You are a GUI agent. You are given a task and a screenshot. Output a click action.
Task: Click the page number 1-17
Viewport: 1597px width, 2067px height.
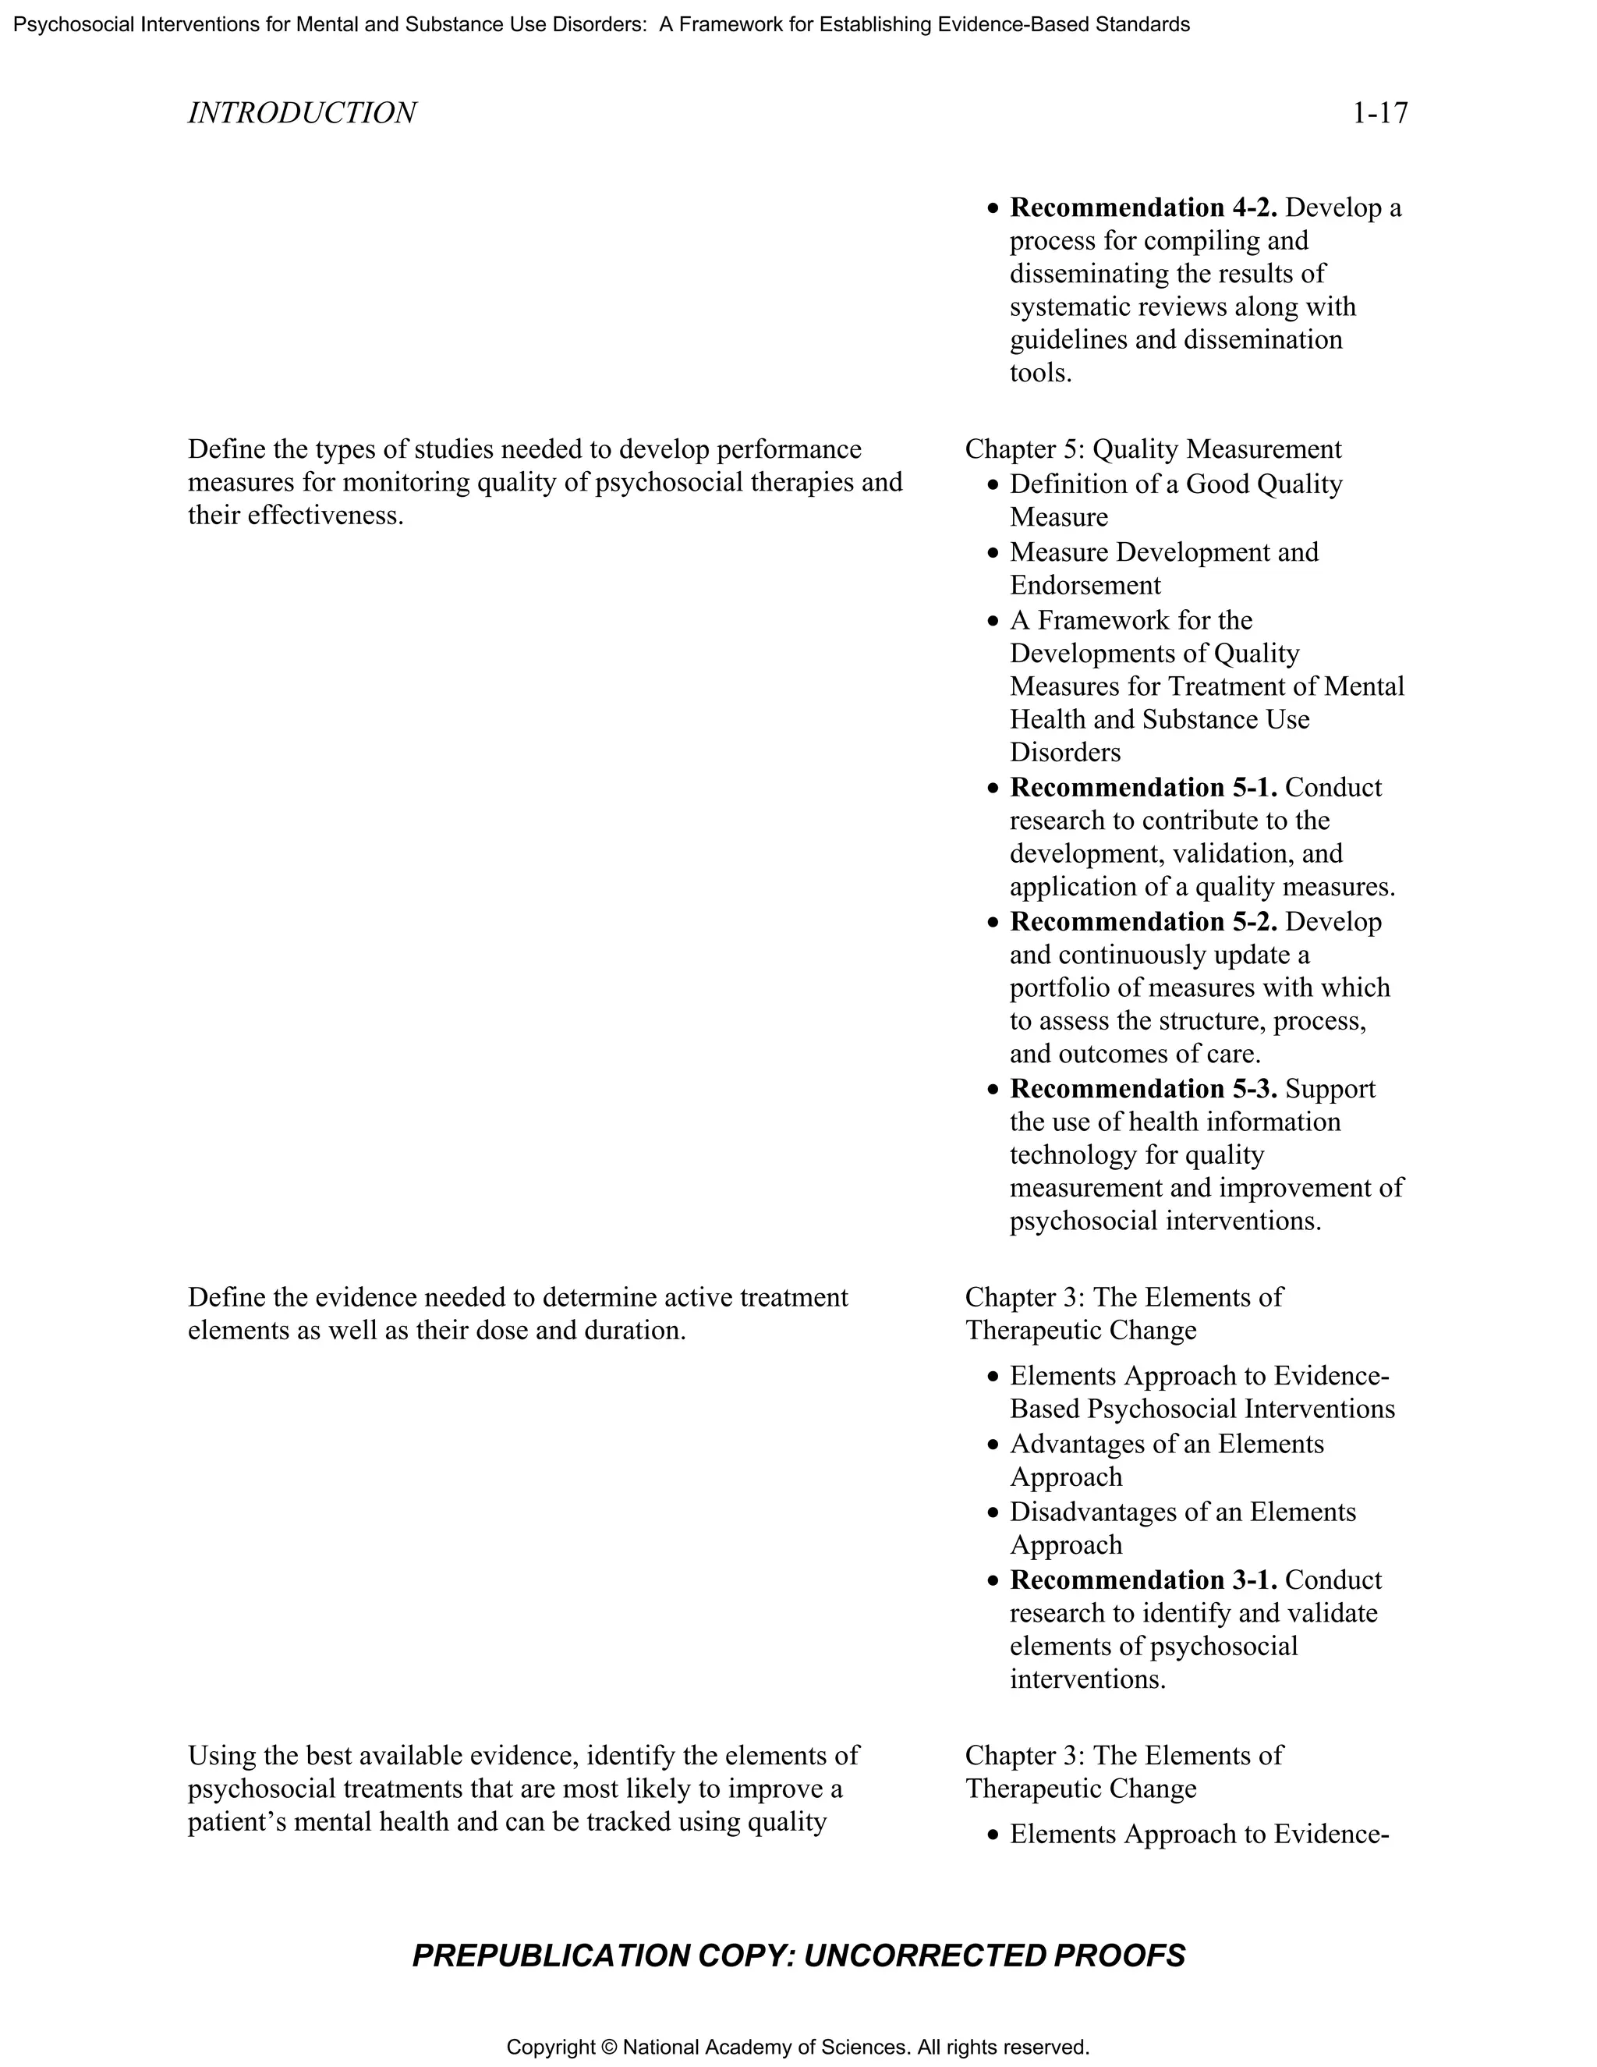point(1379,114)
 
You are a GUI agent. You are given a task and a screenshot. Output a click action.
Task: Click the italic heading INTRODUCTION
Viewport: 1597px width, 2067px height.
point(302,114)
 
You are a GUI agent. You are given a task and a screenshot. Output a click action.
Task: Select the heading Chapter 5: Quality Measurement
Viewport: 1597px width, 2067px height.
point(1153,448)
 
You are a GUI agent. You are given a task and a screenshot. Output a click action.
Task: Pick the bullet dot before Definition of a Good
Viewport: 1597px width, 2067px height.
point(992,485)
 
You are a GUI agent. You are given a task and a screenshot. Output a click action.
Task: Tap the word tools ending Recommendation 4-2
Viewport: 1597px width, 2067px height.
point(1039,373)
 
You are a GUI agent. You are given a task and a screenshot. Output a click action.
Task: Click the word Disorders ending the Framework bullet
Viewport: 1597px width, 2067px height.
point(1064,753)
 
